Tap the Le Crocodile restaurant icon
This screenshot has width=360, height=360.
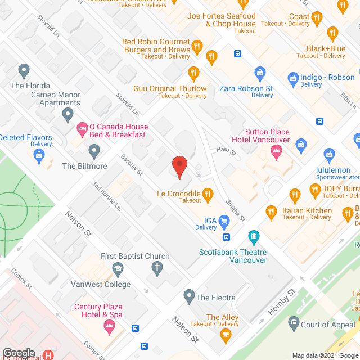pyautogui.click(x=207, y=195)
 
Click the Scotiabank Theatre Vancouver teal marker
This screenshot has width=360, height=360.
pyautogui.click(x=254, y=236)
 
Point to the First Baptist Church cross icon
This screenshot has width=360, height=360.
pyautogui.click(x=159, y=268)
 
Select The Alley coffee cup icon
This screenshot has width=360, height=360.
pyautogui.click(x=226, y=336)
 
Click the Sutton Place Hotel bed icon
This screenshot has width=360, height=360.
pyautogui.click(x=276, y=151)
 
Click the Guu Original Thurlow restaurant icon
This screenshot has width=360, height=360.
pyautogui.click(x=193, y=73)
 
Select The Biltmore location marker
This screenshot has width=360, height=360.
pyautogui.click(x=94, y=150)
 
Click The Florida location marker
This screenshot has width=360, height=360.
pyautogui.click(x=24, y=70)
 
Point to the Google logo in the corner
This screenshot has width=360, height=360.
pyautogui.click(x=18, y=354)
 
